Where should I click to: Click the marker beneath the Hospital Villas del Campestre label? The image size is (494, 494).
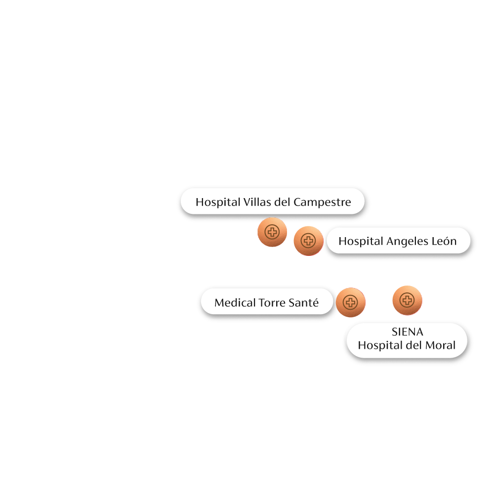(272, 232)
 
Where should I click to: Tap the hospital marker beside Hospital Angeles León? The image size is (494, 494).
(308, 241)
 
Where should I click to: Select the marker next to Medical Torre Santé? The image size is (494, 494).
(350, 302)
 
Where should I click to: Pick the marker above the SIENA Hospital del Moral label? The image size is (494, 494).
(407, 300)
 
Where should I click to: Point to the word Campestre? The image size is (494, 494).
(322, 203)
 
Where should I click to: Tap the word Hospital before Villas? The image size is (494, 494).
(218, 203)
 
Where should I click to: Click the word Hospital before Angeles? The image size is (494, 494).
(361, 242)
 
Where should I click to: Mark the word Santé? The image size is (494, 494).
(304, 303)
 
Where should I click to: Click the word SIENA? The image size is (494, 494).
(407, 331)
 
